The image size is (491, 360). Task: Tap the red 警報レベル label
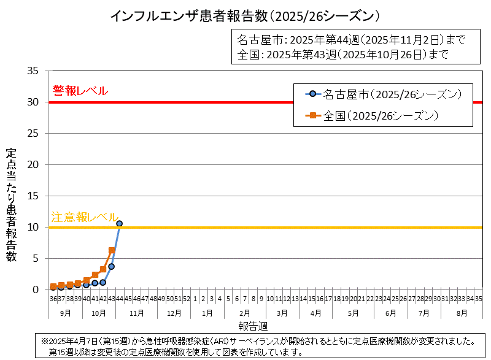click(80, 91)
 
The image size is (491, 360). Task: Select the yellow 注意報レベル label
click(84, 217)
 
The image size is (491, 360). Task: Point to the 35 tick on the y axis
click(34, 71)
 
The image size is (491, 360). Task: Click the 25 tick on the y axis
click(34, 133)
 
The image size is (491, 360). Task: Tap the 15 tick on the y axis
click(34, 196)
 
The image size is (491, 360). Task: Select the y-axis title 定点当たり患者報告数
click(11, 205)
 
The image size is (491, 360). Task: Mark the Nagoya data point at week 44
click(120, 224)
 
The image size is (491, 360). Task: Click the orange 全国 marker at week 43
click(112, 250)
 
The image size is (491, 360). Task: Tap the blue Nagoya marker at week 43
click(111, 266)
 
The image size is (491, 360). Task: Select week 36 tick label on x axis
click(53, 299)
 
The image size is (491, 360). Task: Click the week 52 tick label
click(187, 299)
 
